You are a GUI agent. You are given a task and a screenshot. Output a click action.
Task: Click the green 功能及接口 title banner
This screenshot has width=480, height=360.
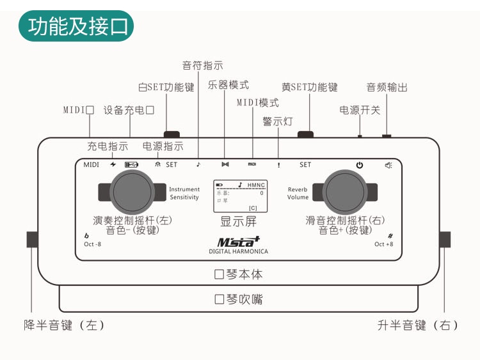coord(76,26)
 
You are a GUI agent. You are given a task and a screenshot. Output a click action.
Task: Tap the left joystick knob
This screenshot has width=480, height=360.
coord(133,191)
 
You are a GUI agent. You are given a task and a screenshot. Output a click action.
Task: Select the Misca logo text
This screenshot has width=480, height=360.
coord(238,241)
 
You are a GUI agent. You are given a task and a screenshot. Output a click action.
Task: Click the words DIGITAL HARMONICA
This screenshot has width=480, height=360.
coord(239,252)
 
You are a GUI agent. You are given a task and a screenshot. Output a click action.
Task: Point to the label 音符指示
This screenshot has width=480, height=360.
coord(203,65)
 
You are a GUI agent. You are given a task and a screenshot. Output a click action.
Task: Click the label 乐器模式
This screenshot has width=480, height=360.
coord(228,84)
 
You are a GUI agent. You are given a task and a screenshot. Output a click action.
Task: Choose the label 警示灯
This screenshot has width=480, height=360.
coord(278,121)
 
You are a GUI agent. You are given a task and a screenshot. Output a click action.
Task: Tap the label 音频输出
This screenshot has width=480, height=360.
coord(387,88)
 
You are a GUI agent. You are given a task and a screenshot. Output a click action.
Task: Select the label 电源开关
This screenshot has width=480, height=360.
coord(360,110)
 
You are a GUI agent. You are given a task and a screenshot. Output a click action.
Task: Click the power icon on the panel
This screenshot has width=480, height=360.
coord(360,165)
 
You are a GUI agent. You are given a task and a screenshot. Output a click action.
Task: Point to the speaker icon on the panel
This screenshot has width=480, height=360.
coord(388,165)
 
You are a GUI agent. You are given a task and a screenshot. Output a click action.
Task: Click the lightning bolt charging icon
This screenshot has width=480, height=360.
coord(113,164)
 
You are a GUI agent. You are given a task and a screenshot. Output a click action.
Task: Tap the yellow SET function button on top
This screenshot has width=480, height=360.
coord(305,134)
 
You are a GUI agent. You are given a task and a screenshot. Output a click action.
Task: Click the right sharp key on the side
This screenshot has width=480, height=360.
coord(445,240)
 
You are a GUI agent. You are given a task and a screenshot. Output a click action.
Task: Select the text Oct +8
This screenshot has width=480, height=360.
coord(384,244)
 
